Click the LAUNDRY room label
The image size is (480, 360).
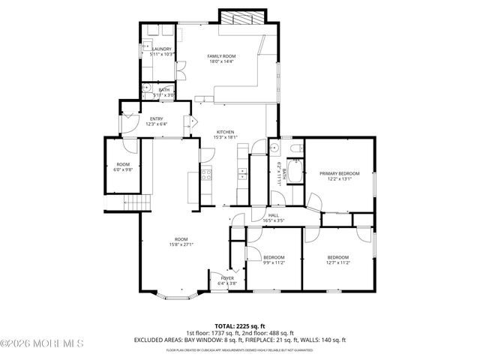[x=161, y=49]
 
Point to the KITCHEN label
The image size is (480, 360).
[x=226, y=132]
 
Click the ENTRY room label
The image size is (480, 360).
[x=156, y=118]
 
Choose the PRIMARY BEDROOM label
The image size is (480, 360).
[x=335, y=174]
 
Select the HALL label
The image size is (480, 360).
[x=274, y=215]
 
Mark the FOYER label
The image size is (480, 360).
[x=227, y=278]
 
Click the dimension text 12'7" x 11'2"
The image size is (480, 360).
[x=338, y=262]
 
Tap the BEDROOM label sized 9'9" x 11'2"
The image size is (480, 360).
[x=273, y=256]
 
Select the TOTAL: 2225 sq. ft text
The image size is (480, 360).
[x=240, y=326]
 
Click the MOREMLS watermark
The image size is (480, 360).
[x=43, y=344]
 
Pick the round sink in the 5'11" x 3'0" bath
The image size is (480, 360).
[x=146, y=88]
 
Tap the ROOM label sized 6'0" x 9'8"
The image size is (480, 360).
[x=122, y=165]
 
